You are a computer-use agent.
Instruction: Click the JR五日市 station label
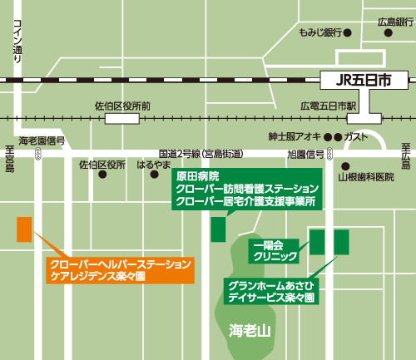(363, 81)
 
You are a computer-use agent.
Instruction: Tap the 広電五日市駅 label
(328, 106)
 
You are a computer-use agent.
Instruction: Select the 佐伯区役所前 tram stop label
(122, 106)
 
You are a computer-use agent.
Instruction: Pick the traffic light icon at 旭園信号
(331, 155)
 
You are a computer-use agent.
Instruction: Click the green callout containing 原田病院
(246, 189)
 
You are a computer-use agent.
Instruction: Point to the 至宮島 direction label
(10, 158)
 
